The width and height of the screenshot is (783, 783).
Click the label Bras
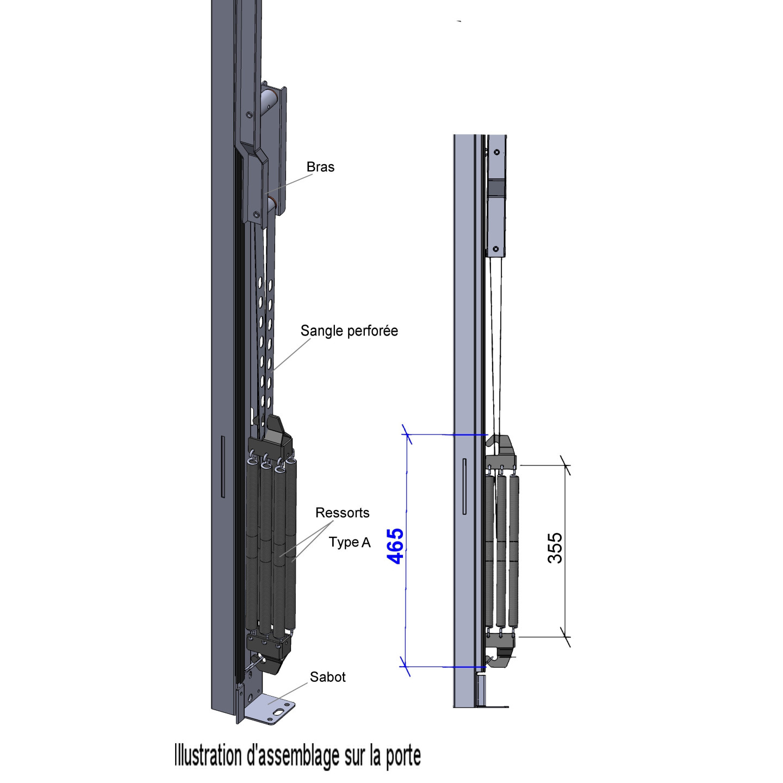320,167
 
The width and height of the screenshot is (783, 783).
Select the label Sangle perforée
349,331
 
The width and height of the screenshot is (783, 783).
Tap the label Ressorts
342,513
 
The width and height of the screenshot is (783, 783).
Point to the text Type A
350,542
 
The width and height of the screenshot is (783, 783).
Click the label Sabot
327,677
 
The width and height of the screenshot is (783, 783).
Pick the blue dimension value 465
395,545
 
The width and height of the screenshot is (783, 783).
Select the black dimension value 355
555,548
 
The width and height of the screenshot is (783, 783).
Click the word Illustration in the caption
208,756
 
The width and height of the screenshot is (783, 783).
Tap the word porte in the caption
403,756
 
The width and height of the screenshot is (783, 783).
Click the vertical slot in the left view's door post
222,466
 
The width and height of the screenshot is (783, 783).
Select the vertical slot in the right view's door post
464,486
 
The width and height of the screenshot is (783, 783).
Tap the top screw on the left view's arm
248,115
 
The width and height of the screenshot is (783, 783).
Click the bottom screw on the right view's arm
495,249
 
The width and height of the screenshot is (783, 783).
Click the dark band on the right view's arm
495,188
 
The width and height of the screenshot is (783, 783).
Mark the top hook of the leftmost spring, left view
251,461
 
